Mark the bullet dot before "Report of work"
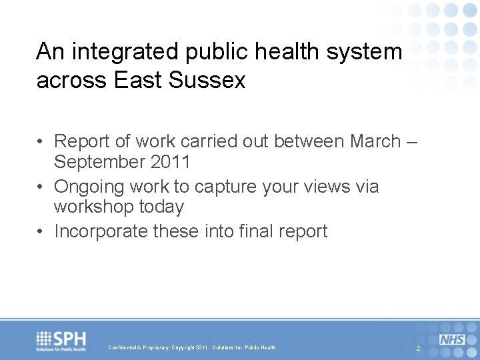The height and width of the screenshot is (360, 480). pos(41,142)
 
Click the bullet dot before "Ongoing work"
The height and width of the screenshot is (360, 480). pos(41,187)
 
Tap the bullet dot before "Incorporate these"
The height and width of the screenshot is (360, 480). pos(41,232)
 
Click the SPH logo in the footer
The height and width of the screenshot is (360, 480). pos(62,341)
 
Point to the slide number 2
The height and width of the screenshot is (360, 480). pos(418,349)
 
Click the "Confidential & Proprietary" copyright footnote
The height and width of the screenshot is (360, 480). pos(192,347)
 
